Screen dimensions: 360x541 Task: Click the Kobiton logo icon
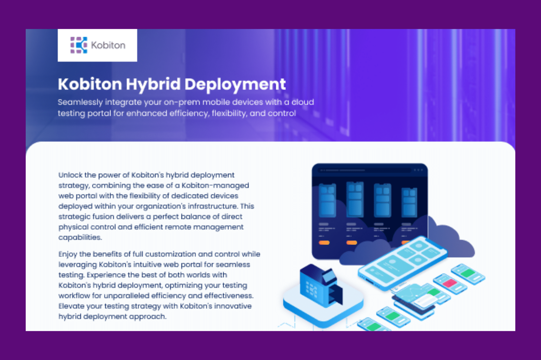(x=79, y=45)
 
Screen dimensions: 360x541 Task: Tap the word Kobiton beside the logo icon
(x=108, y=45)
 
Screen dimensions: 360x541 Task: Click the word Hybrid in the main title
(x=153, y=84)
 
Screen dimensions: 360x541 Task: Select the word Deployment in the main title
(x=235, y=84)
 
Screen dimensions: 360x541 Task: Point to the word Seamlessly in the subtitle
(x=80, y=102)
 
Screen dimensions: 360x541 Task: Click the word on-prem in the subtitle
(x=182, y=102)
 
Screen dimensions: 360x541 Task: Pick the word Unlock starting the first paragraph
(x=70, y=175)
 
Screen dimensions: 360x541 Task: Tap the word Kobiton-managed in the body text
(x=215, y=186)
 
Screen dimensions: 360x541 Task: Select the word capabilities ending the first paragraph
(x=80, y=237)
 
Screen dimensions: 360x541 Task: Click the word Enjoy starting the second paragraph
(x=68, y=254)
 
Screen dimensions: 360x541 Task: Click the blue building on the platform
(x=321, y=285)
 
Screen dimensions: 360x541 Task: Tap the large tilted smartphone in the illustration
(x=402, y=261)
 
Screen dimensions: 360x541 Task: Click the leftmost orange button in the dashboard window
(x=324, y=243)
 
